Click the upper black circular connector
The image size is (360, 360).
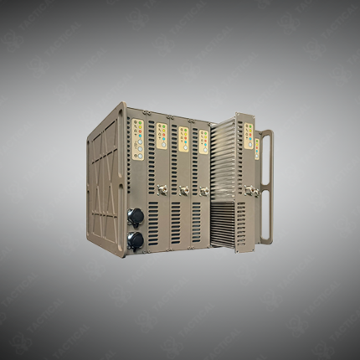click(x=135, y=216)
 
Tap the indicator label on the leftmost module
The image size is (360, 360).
click(x=138, y=139)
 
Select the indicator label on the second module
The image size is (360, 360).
click(x=162, y=136)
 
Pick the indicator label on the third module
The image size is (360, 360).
click(x=183, y=139)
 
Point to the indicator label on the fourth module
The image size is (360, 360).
click(x=203, y=141)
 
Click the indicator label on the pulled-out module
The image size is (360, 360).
click(x=249, y=136)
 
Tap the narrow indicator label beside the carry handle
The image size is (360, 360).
click(x=257, y=148)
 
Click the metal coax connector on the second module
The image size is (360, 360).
click(x=162, y=189)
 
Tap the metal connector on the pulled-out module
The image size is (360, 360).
click(x=249, y=191)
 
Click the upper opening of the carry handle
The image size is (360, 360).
click(x=266, y=159)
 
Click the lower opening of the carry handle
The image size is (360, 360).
click(x=266, y=217)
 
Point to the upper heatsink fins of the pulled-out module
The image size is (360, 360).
click(x=224, y=163)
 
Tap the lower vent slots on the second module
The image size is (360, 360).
click(x=153, y=223)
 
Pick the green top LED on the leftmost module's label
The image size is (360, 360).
click(x=134, y=122)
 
